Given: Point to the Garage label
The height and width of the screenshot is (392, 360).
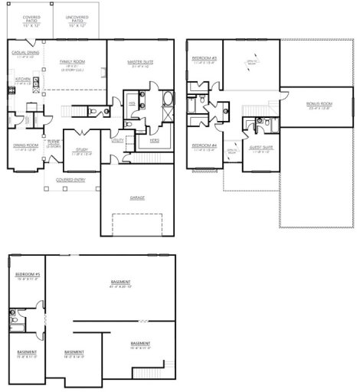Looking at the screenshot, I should tap(138, 197).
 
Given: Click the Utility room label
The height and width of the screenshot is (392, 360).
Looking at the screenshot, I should tap(118, 141).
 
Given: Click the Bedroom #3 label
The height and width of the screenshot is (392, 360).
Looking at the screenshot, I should tap(205, 58).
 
